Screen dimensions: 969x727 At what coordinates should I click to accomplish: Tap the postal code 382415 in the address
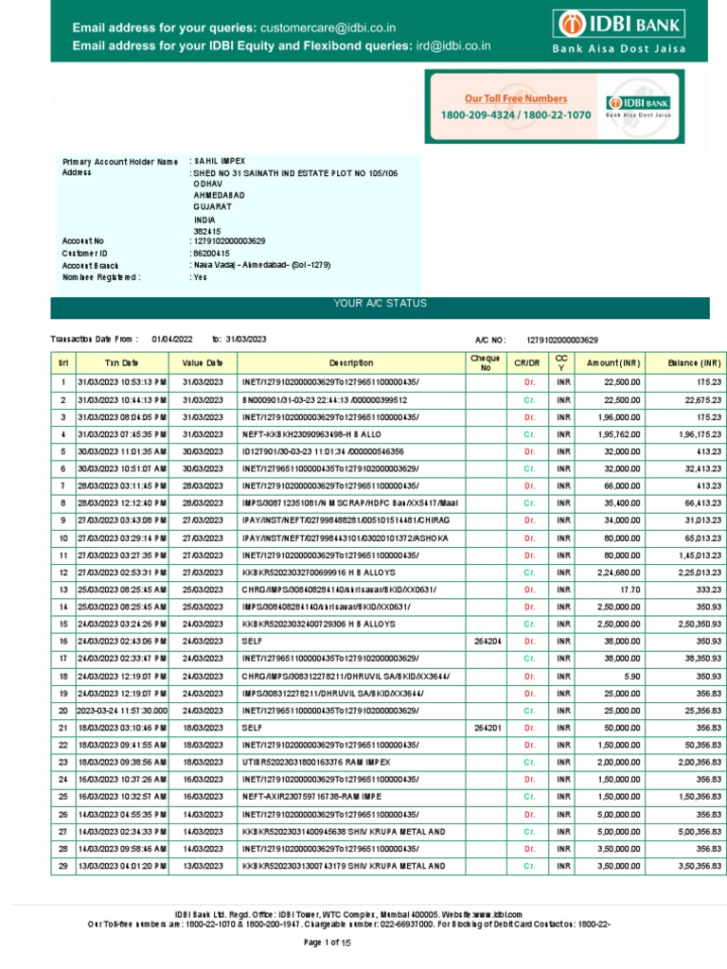coord(206,230)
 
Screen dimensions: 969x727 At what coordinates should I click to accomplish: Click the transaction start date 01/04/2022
coord(171,339)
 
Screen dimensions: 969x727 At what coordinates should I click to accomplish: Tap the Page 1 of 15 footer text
coord(327,943)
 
